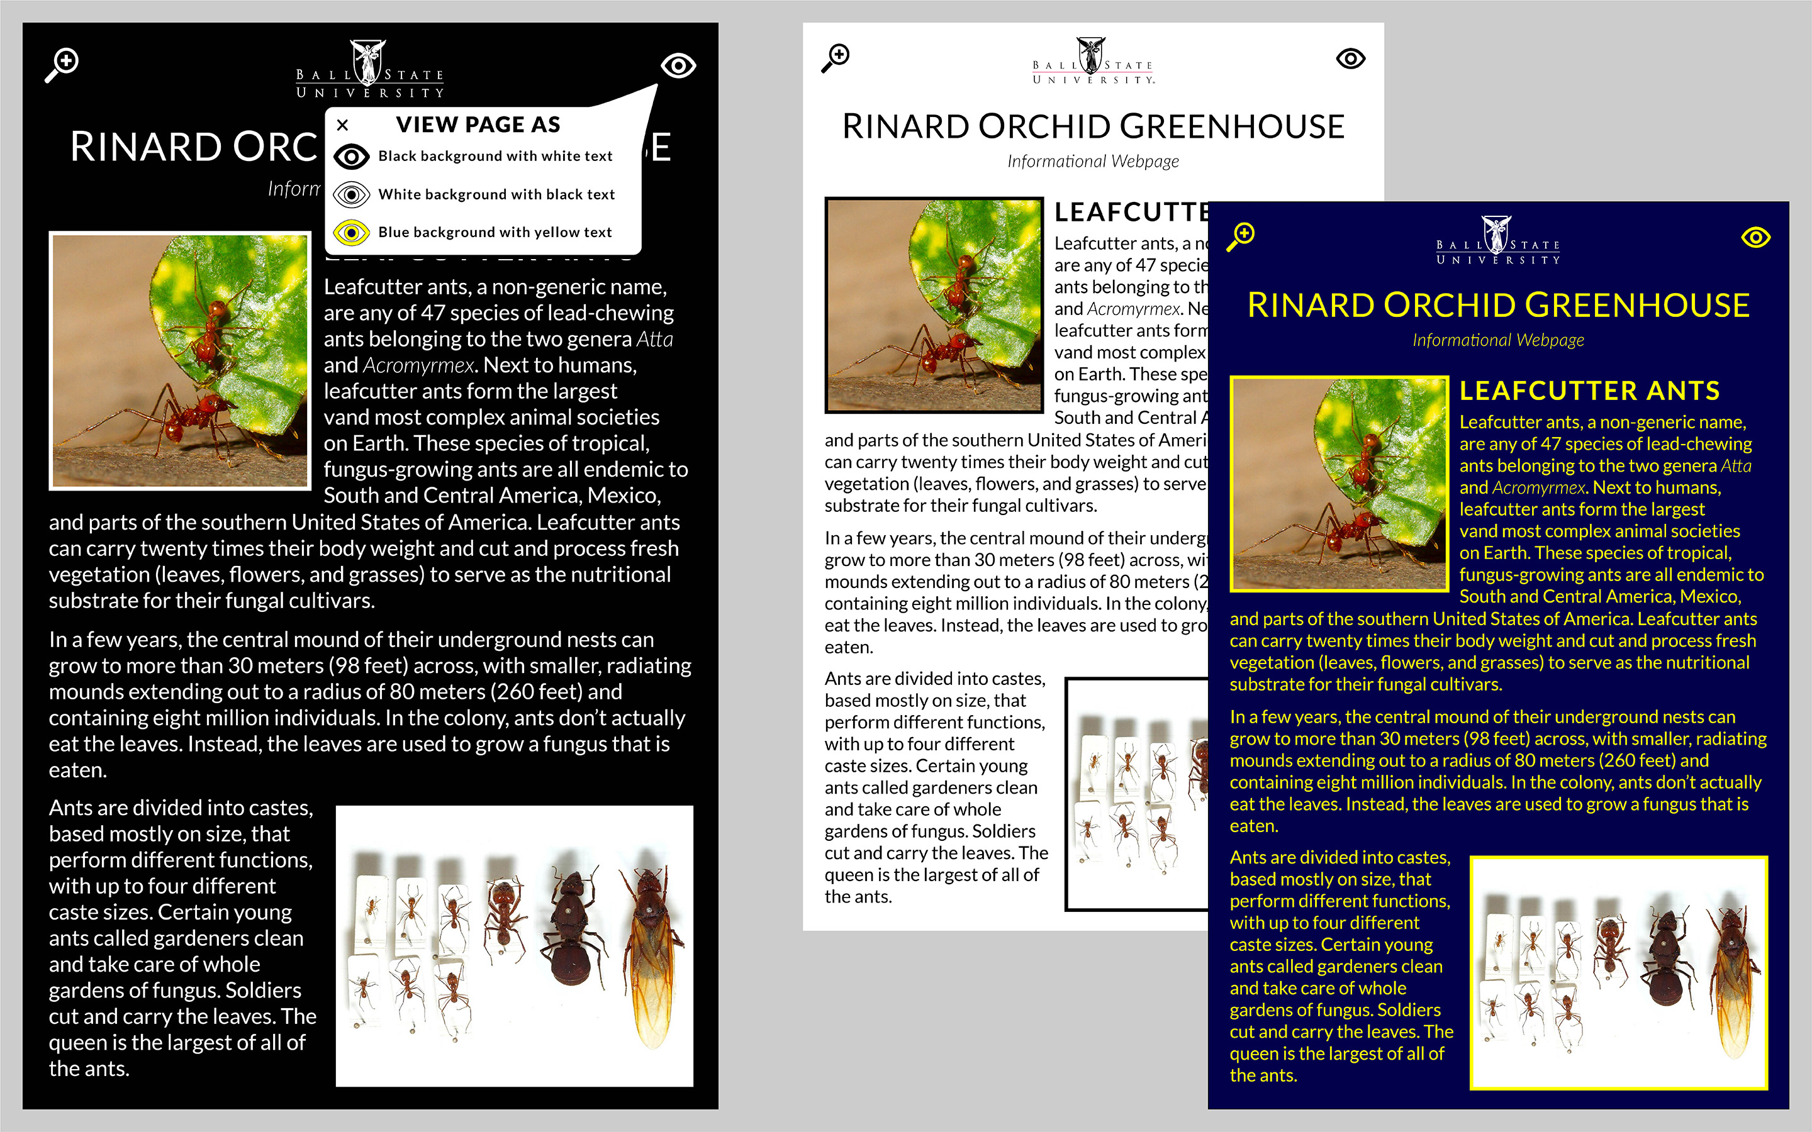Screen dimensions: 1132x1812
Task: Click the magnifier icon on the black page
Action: pos(62,64)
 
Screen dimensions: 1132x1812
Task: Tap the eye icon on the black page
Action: pos(678,66)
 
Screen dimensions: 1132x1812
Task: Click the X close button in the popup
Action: pos(343,125)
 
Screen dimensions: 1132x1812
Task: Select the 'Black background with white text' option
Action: pos(495,156)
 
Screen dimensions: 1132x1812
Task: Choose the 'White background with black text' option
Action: pos(496,194)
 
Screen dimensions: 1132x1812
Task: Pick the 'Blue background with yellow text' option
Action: pos(494,232)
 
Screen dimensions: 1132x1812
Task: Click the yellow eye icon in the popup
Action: pos(351,232)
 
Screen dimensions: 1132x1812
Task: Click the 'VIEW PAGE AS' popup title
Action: pos(478,125)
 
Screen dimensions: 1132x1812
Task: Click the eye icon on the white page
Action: pos(1351,58)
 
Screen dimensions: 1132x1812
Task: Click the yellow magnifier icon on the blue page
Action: pos(1241,236)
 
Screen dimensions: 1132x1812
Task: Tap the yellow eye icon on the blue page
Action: pos(1756,237)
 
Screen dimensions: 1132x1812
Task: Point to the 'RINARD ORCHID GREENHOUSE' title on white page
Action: pos(1093,126)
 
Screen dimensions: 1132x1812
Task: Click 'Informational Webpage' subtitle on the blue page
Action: pos(1497,340)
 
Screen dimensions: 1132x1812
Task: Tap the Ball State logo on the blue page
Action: pos(1497,240)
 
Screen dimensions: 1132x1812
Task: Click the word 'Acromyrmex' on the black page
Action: pos(418,365)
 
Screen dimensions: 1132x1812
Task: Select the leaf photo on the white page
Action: pos(934,305)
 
